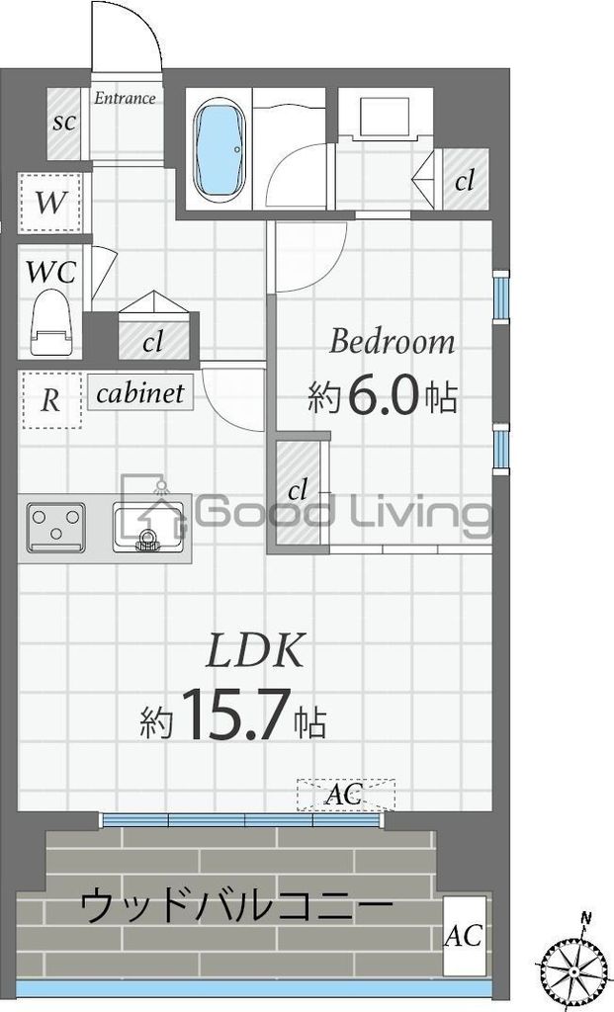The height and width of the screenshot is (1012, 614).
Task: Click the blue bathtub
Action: click(x=219, y=149)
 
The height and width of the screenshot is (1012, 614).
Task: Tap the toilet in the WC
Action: click(x=50, y=322)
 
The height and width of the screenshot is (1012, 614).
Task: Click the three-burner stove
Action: click(x=56, y=528)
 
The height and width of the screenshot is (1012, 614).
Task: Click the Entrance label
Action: click(x=125, y=98)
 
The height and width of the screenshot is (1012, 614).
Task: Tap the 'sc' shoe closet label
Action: click(x=64, y=122)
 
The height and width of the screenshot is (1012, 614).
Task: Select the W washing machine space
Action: click(x=49, y=203)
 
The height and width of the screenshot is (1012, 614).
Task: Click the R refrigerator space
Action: click(x=50, y=400)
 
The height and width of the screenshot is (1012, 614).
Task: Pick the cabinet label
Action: click(x=140, y=393)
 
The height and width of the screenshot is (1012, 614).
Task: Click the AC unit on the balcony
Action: click(x=465, y=935)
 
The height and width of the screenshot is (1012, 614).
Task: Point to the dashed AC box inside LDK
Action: click(x=345, y=795)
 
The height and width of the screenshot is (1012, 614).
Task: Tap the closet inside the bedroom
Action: click(x=298, y=492)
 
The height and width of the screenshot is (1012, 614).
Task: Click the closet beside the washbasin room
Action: click(x=465, y=180)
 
